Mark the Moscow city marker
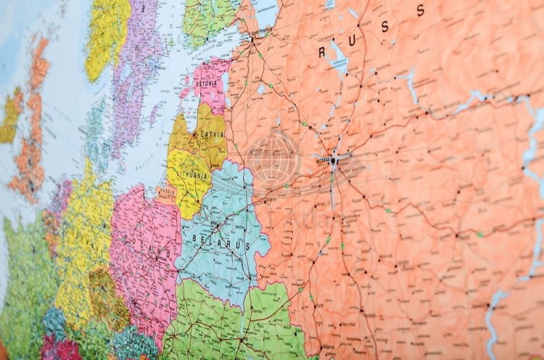coord(334,159)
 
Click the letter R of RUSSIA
coord(322,52)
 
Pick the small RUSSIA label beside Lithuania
coord(166,194)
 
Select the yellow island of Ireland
coord(105,36)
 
